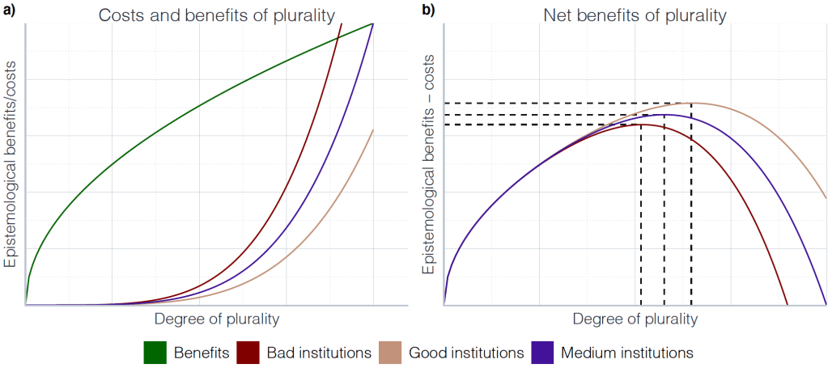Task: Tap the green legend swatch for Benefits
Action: (155, 353)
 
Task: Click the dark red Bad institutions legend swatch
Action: (248, 353)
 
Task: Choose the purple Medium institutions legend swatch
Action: (541, 353)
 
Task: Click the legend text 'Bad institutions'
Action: (319, 353)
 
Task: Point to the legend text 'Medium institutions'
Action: (626, 353)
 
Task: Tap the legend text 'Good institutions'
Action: (466, 353)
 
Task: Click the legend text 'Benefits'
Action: (201, 353)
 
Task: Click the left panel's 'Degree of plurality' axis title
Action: (216, 319)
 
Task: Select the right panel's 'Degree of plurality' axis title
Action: (635, 319)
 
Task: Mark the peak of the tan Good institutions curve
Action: (691, 103)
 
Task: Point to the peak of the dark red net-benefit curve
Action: (640, 125)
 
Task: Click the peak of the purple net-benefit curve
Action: (665, 114)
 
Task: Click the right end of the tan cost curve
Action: (373, 129)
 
